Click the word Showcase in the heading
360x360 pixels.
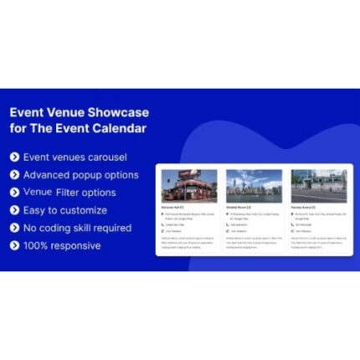(x=119, y=112)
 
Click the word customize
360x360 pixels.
(x=82, y=210)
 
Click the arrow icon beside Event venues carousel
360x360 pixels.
(x=14, y=157)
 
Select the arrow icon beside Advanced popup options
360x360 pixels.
(x=14, y=175)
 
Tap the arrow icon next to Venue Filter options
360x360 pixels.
(x=14, y=193)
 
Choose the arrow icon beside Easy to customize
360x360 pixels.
(x=14, y=210)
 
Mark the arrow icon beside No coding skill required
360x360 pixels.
(x=14, y=228)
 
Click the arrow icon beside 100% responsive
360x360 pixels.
(x=14, y=245)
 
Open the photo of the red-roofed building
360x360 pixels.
(x=189, y=186)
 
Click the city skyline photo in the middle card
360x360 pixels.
(x=254, y=186)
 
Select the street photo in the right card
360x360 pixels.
(x=318, y=186)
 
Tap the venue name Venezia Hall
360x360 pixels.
(x=175, y=207)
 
